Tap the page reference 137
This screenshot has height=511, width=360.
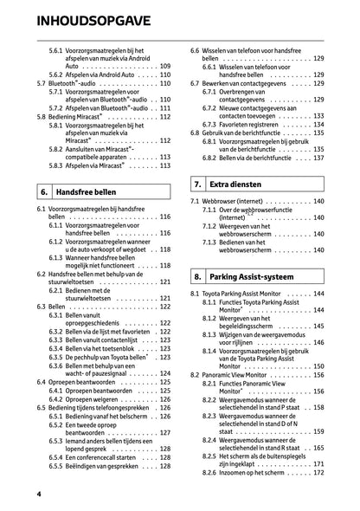[x=318, y=158]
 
